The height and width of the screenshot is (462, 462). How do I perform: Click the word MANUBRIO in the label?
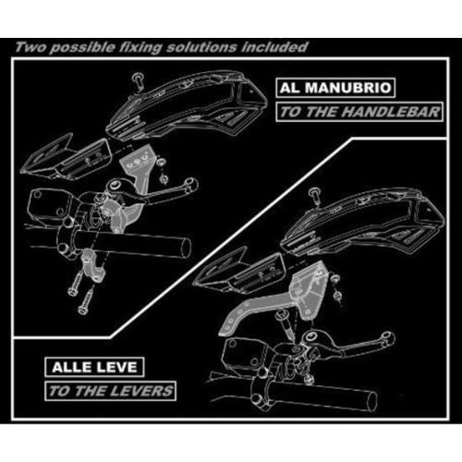click(348, 88)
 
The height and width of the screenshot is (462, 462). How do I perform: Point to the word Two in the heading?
click(30, 47)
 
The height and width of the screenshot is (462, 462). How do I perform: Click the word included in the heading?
click(274, 47)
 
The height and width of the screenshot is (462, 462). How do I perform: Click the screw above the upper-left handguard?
click(138, 80)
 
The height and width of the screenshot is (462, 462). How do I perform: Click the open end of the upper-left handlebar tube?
click(185, 247)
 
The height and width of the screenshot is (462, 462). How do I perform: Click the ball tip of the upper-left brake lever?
click(191, 185)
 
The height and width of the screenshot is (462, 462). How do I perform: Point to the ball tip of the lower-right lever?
click(388, 338)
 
